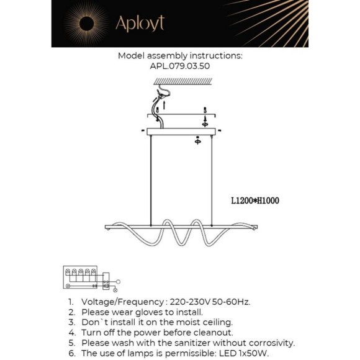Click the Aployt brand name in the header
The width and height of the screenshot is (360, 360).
(140, 24)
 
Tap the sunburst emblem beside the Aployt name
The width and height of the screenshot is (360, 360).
(84, 24)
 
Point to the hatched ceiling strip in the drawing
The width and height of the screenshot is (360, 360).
(179, 81)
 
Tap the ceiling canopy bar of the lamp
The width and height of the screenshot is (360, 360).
(180, 131)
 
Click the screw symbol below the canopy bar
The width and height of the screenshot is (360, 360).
(198, 140)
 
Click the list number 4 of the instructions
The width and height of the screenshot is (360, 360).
(71, 332)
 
